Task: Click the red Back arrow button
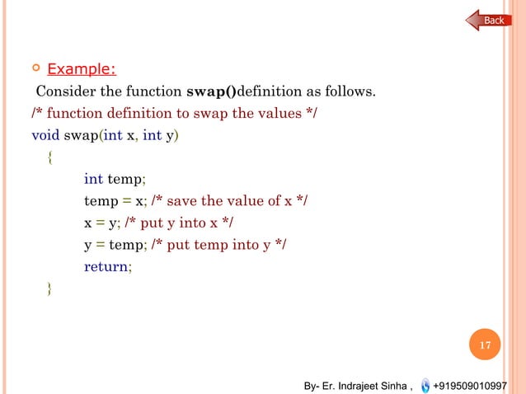490,20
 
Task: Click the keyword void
45,134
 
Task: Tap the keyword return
106,266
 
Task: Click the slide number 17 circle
486,345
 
